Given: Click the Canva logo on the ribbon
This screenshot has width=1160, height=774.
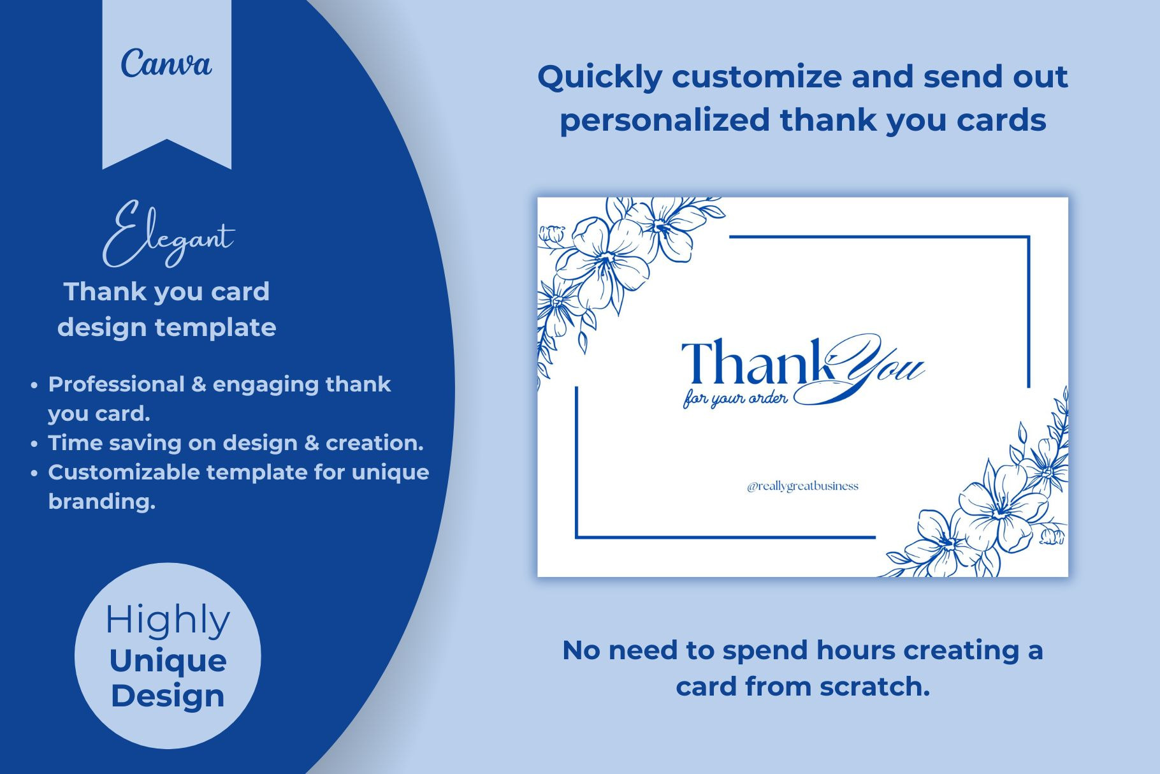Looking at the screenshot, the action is (x=166, y=64).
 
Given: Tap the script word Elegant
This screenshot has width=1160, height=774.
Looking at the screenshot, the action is (x=168, y=235).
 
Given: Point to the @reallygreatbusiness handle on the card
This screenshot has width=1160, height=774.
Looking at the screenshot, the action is (x=802, y=486).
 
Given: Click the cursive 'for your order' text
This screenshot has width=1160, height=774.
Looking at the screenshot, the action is (x=736, y=399).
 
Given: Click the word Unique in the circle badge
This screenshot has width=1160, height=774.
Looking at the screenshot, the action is (x=168, y=661).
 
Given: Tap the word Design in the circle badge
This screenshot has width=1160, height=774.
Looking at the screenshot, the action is (x=168, y=696).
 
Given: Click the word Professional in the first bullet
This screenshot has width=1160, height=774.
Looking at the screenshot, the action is (x=116, y=384).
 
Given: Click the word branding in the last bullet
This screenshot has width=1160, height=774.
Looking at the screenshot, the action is (x=102, y=502).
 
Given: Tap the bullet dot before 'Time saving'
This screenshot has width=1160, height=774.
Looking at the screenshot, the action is (x=34, y=444).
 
